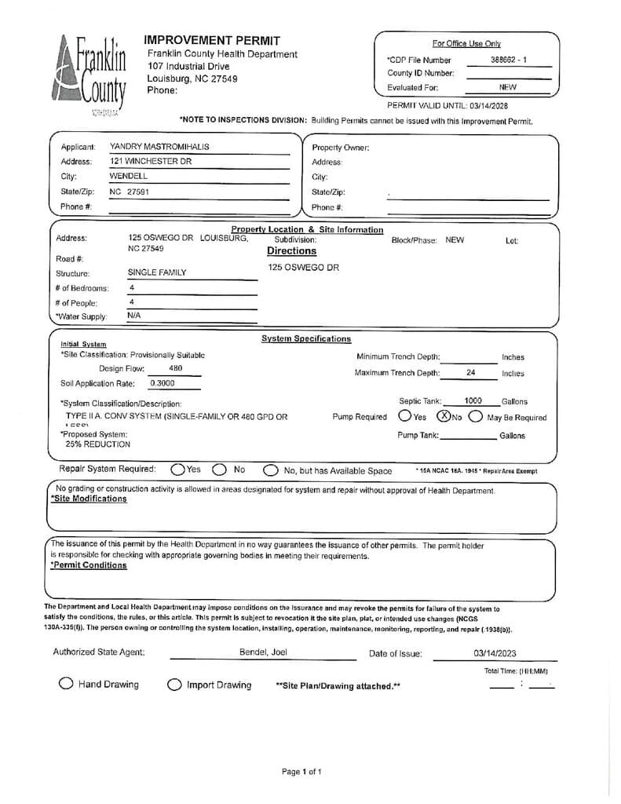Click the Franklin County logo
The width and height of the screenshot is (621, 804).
tap(91, 75)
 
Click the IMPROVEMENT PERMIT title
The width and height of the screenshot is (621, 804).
tap(212, 40)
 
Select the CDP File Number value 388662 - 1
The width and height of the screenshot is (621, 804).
tap(509, 60)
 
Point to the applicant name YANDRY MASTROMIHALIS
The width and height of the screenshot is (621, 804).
tap(159, 147)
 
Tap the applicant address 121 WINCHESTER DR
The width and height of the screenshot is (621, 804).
tap(150, 162)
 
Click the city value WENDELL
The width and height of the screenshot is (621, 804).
tap(128, 177)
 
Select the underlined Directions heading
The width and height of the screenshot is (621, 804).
tap(291, 251)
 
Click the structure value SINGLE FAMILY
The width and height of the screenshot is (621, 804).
tap(157, 272)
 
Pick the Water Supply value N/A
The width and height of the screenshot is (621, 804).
tap(134, 316)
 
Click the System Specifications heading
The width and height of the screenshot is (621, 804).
tap(305, 339)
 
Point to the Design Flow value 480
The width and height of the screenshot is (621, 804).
tap(176, 368)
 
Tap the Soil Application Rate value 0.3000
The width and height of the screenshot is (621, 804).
tap(163, 383)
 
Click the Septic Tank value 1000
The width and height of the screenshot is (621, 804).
tap(473, 401)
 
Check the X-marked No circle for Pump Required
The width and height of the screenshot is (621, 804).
tap(444, 416)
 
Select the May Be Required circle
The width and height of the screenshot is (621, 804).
tap(476, 417)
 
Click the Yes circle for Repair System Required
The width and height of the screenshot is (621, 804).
tap(177, 470)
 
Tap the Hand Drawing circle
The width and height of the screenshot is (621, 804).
tap(67, 684)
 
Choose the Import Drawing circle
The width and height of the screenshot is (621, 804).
tap(174, 685)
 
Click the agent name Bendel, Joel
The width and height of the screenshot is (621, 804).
tap(263, 652)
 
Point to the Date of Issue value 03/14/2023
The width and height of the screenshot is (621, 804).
tap(495, 653)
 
